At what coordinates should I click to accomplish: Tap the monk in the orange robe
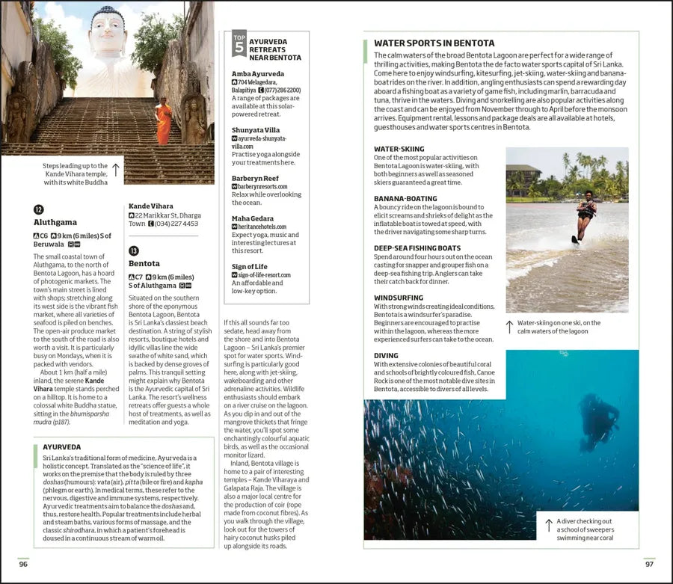tap(163, 123)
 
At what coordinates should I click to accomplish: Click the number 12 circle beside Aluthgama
tap(39, 209)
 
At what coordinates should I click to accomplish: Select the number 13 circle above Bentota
tap(134, 251)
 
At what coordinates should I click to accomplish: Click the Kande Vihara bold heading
tap(150, 206)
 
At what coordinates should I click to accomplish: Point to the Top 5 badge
tap(239, 45)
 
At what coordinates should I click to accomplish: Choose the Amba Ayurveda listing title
tap(258, 74)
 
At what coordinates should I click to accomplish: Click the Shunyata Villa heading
tap(256, 129)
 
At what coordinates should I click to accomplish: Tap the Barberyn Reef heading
tap(255, 178)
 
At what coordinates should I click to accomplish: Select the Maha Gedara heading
tap(253, 218)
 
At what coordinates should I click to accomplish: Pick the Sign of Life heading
tap(249, 267)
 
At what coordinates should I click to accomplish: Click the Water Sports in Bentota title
tap(434, 43)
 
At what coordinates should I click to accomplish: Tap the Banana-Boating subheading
tap(405, 198)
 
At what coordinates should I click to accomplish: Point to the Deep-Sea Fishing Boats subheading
tap(417, 248)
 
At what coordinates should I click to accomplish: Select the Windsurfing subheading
tap(399, 298)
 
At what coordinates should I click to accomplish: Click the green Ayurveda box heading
tap(62, 447)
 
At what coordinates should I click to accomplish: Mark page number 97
tap(648, 564)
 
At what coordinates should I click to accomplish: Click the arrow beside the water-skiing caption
tap(509, 327)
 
